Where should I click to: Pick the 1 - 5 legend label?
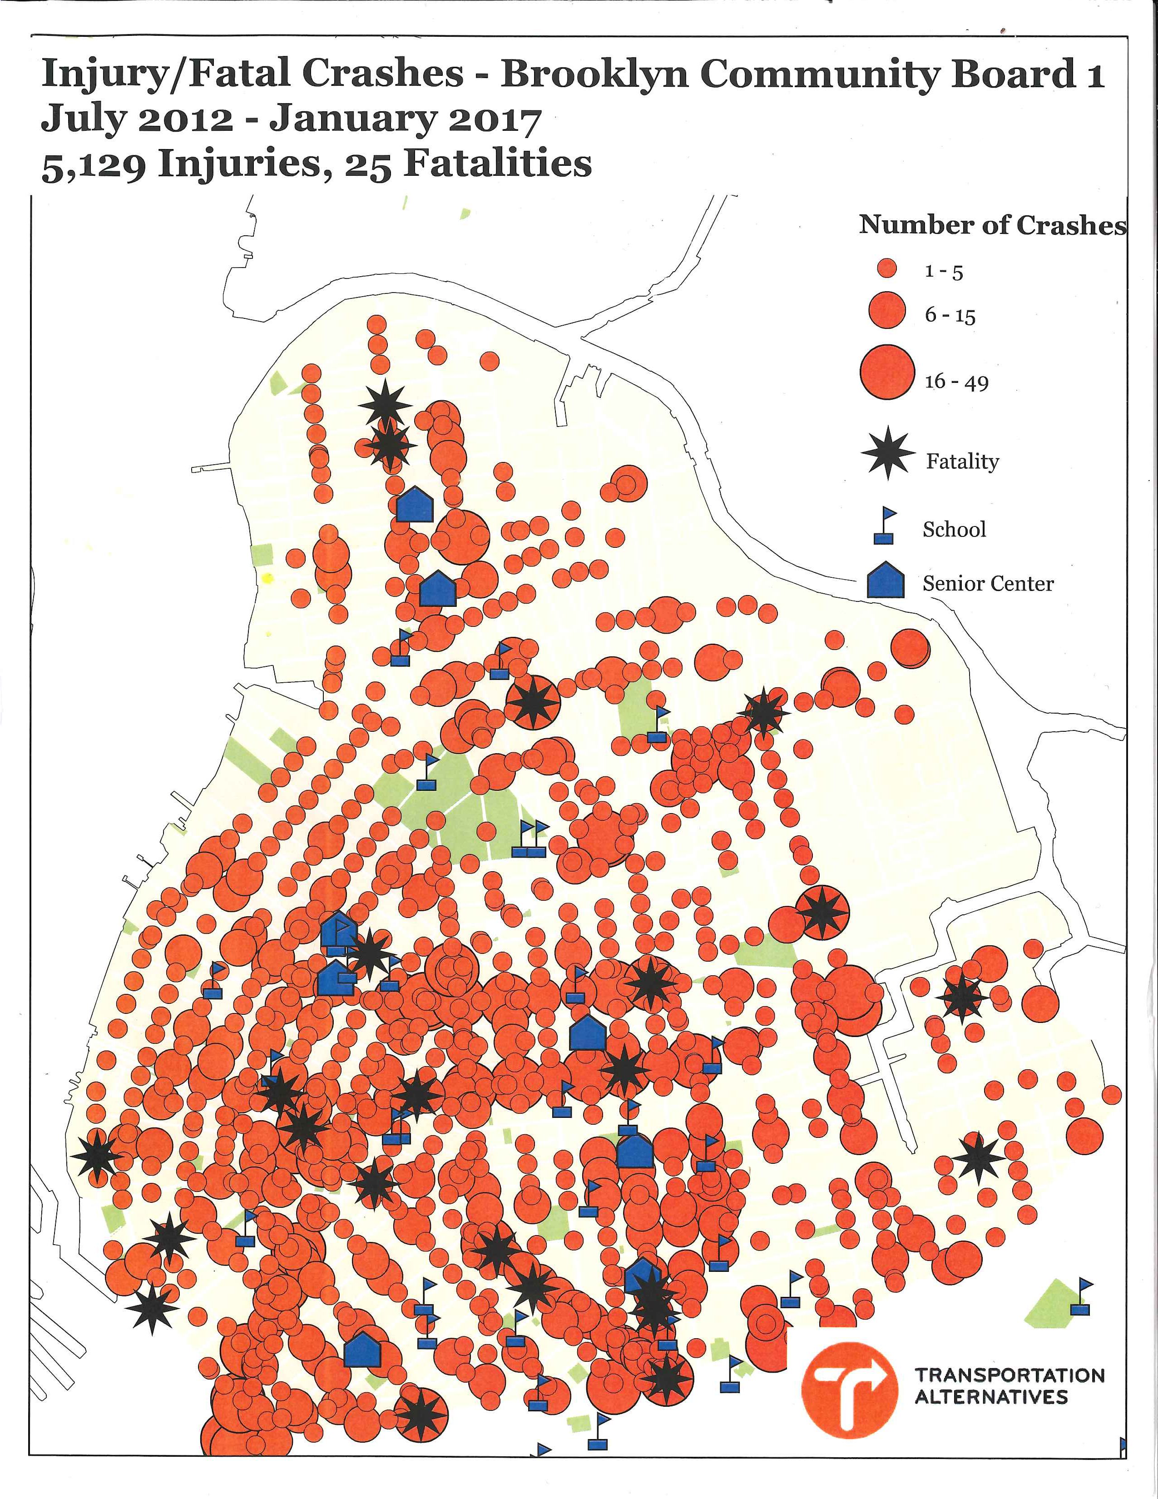[943, 272]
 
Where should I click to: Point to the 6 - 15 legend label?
[950, 316]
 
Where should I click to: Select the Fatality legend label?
[962, 461]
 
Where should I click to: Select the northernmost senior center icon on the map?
[415, 505]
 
